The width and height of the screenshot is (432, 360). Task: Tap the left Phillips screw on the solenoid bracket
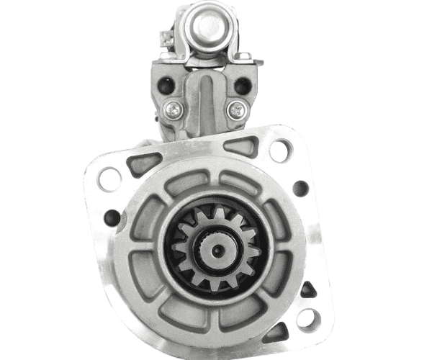(x=174, y=109)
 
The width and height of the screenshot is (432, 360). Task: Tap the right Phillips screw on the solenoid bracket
(x=235, y=109)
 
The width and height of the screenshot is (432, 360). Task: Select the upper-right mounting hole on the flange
(x=280, y=150)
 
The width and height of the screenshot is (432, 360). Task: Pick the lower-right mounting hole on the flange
(x=309, y=318)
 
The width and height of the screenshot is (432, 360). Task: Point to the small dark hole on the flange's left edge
(x=112, y=217)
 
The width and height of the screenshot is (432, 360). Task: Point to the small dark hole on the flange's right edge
(x=301, y=189)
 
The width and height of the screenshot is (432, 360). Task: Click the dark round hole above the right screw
(x=243, y=85)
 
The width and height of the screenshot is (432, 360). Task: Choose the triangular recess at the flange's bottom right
(x=277, y=333)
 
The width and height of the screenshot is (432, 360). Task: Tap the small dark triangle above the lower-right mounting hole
(x=307, y=290)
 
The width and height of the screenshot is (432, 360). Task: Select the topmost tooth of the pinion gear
(x=215, y=213)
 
